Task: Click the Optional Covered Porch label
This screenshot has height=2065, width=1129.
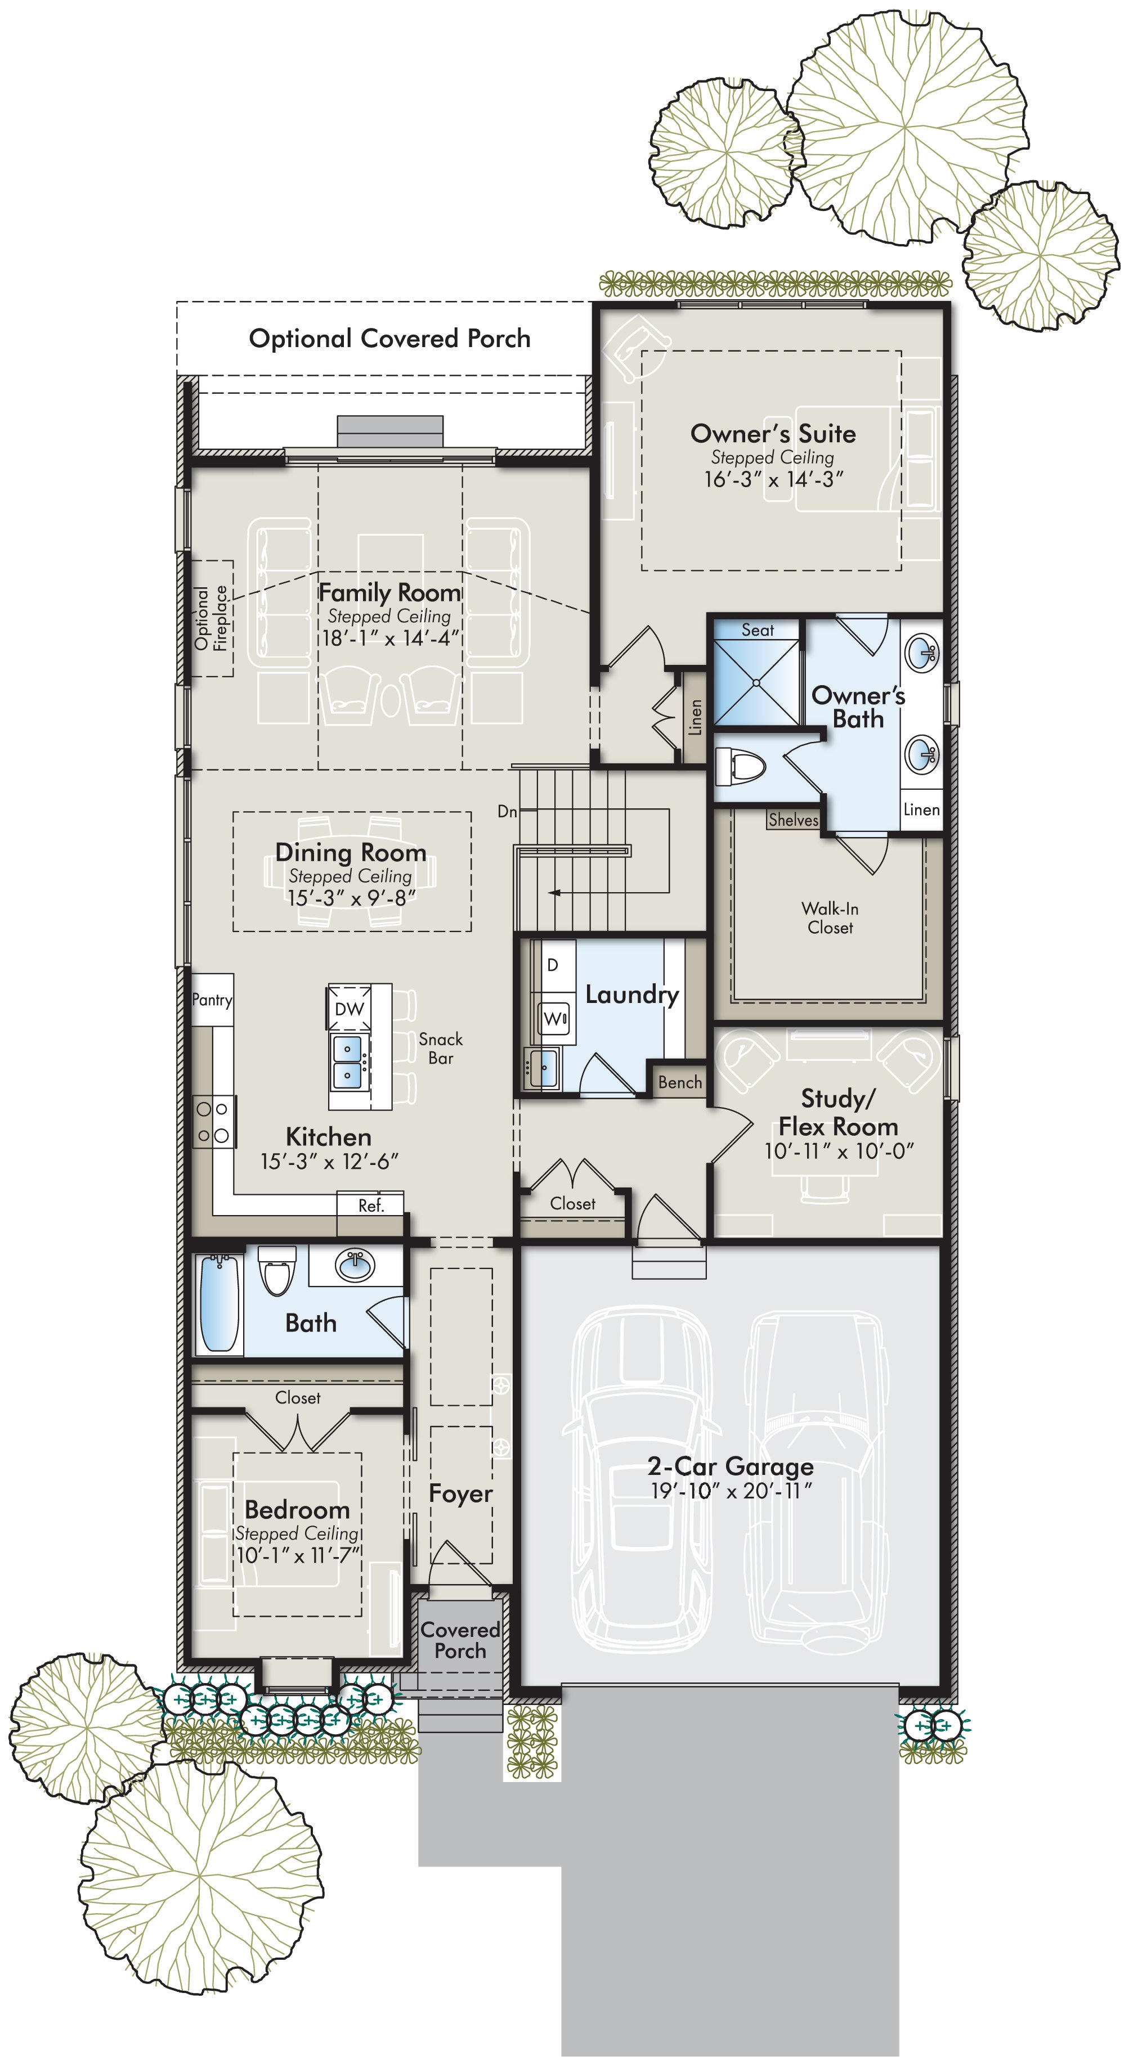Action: pos(389,338)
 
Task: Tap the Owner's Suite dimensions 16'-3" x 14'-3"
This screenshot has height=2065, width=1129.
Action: pos(773,479)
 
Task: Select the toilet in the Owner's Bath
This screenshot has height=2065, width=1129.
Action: pos(740,766)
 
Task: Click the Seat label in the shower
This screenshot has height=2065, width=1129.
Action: pos(757,630)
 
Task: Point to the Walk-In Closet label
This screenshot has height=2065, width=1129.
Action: pos(830,918)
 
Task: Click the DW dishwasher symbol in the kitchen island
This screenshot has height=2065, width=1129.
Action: pos(349,1009)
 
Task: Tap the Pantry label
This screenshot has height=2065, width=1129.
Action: pos(212,1000)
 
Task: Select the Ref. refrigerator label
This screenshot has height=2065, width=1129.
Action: pos(370,1205)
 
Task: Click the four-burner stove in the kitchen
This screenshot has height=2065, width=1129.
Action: pos(213,1122)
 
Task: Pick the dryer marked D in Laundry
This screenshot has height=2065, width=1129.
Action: pos(553,965)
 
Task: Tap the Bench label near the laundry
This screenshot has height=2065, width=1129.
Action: pos(680,1082)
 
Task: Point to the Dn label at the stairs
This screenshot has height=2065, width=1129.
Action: pos(507,811)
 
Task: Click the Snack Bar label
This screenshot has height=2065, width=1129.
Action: pos(440,1048)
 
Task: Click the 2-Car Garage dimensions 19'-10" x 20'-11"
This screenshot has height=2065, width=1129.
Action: pos(731,1491)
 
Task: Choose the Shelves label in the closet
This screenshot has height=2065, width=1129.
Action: pos(792,819)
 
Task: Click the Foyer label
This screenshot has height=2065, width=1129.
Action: pos(460,1493)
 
